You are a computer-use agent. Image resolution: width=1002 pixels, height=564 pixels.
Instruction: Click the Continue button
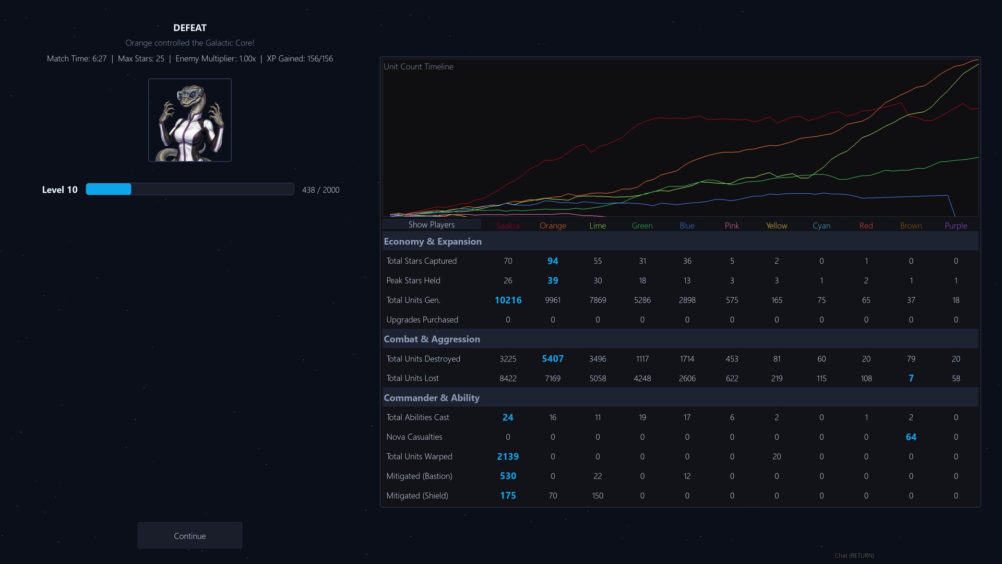click(x=189, y=536)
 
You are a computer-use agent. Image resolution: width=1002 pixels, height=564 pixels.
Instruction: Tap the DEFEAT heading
click(x=190, y=28)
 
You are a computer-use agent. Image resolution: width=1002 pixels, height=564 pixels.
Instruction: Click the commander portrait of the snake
click(x=190, y=120)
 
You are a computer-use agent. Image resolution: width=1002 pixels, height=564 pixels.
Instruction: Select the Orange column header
click(x=553, y=226)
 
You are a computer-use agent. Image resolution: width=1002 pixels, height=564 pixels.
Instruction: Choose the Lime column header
click(x=598, y=226)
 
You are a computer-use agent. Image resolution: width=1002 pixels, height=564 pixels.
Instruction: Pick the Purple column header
click(x=956, y=226)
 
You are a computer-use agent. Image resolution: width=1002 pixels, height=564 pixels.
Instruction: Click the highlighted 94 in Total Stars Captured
click(x=553, y=261)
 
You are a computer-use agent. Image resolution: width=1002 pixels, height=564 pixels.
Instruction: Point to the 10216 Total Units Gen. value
click(x=508, y=300)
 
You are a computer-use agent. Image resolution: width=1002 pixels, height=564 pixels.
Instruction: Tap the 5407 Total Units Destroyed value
click(x=553, y=359)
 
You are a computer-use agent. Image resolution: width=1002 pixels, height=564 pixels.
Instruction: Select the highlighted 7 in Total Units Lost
click(x=911, y=378)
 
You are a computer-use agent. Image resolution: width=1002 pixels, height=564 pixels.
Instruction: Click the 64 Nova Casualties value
click(x=911, y=437)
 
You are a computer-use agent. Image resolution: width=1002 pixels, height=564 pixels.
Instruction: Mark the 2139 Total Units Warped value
click(x=508, y=456)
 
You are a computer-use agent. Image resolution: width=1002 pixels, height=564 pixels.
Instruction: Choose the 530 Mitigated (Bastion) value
click(x=508, y=476)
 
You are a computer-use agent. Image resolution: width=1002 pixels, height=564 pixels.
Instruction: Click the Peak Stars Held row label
click(x=413, y=280)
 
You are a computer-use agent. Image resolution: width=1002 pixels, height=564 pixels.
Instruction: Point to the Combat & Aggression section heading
click(x=432, y=339)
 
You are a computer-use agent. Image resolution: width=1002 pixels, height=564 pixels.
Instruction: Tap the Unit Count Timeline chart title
click(x=419, y=67)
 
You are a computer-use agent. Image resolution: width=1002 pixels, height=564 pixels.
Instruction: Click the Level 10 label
click(x=59, y=190)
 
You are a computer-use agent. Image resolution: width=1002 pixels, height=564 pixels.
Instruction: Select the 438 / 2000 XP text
click(x=320, y=190)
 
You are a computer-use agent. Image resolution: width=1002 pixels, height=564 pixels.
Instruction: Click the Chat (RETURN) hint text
click(x=854, y=556)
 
